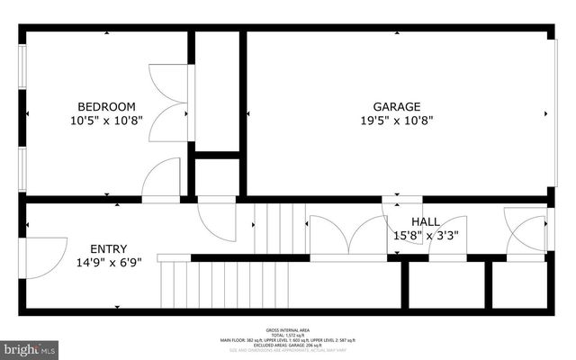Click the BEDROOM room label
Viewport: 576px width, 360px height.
[106, 105]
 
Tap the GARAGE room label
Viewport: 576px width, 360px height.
[397, 105]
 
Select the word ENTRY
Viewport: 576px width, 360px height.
[108, 248]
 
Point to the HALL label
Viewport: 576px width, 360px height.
[426, 221]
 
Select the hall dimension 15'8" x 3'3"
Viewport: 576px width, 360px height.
[426, 236]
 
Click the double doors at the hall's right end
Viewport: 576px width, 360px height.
[526, 232]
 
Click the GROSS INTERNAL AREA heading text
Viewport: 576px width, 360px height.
[288, 329]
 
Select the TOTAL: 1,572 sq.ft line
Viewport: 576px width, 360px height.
[288, 335]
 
